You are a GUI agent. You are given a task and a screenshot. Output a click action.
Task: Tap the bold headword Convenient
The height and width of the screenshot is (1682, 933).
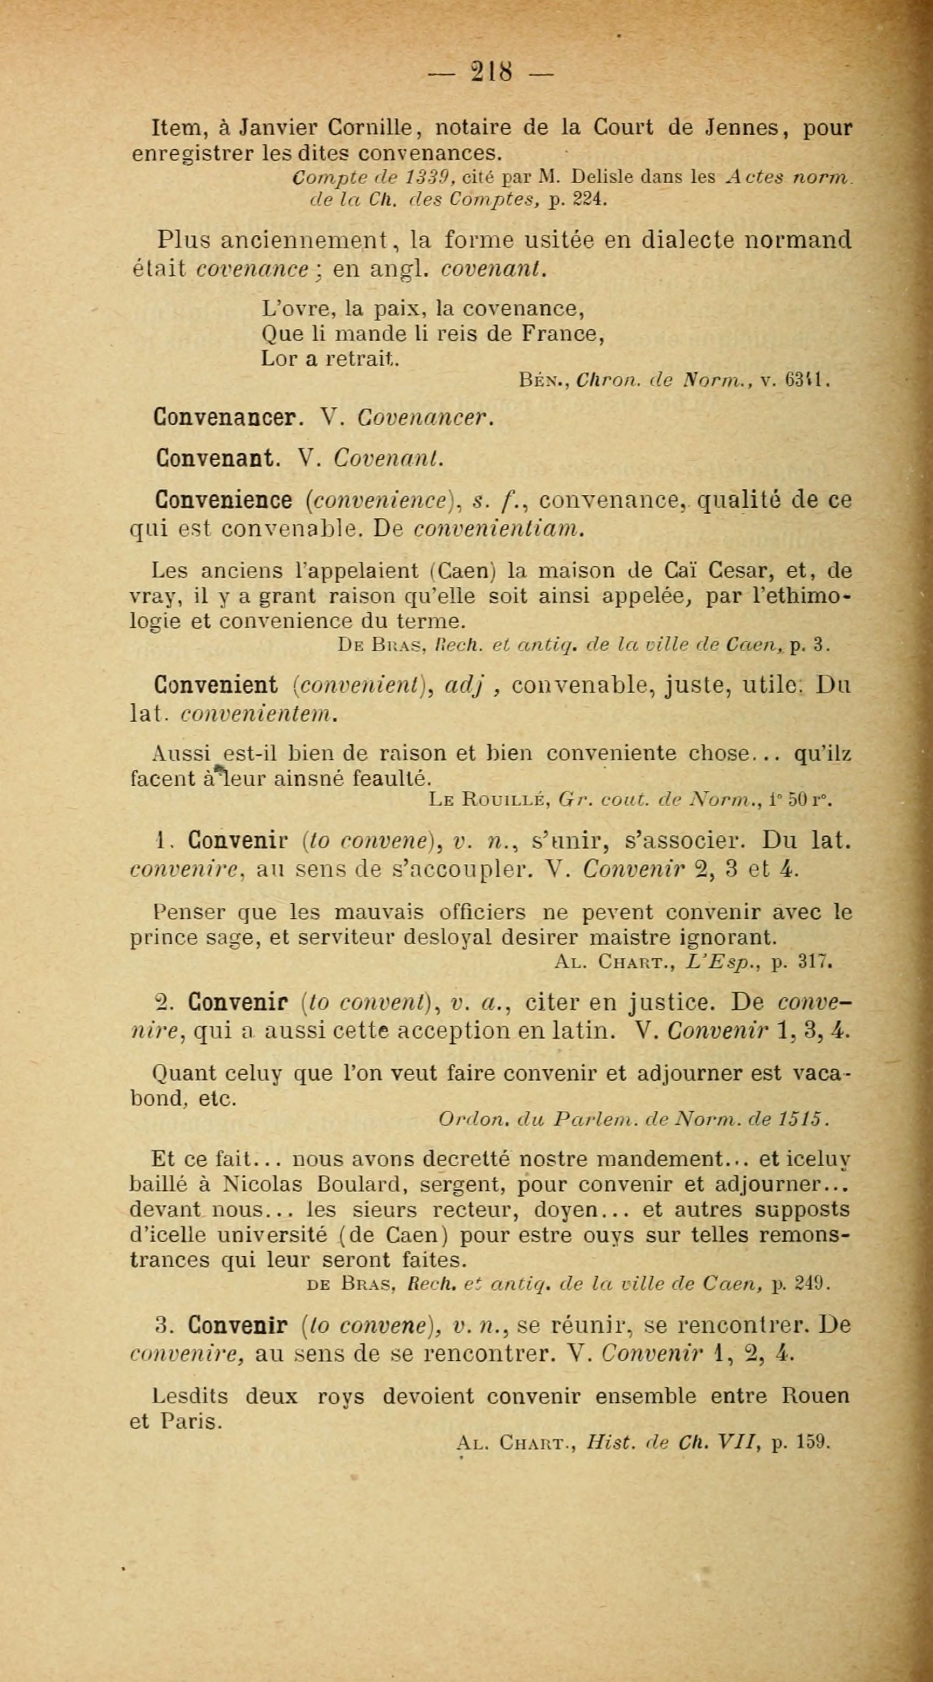216,686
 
